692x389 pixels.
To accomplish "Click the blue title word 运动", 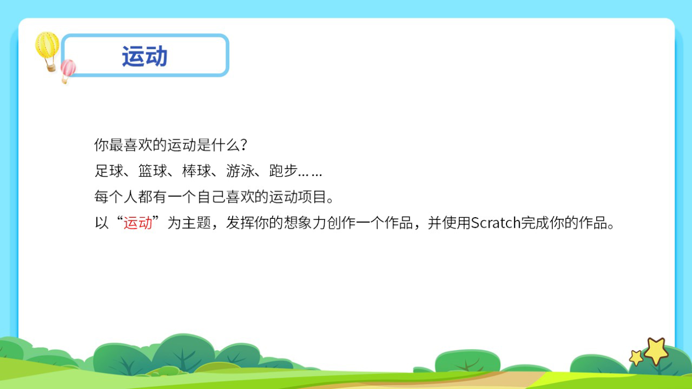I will (145, 56).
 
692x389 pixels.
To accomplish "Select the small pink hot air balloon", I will (68, 69).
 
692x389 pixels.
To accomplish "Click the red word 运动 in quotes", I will (138, 223).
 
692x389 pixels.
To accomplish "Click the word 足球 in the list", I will (109, 171).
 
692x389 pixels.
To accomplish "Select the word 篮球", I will (153, 171).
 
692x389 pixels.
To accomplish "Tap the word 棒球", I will (197, 171).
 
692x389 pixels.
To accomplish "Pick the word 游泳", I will (240, 171).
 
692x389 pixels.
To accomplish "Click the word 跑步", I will (284, 171).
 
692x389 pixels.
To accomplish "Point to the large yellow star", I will (656, 351).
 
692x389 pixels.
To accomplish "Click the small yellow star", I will (636, 358).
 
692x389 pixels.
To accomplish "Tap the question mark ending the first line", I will (244, 146).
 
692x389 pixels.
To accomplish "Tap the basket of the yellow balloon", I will (51, 67).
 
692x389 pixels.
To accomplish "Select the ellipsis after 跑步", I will (310, 173).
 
